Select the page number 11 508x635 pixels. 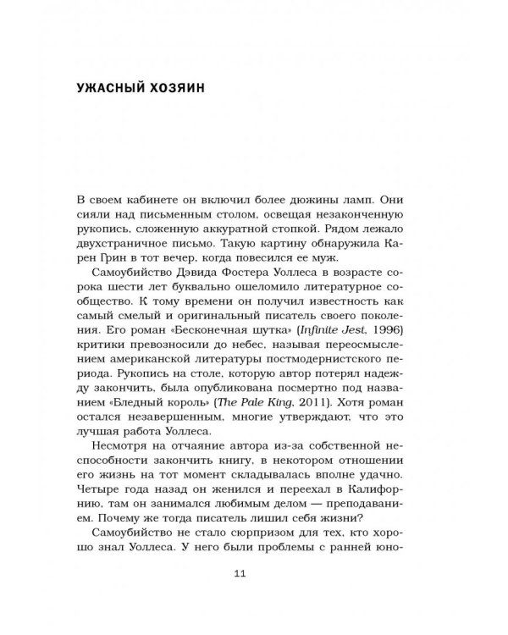point(238,573)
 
